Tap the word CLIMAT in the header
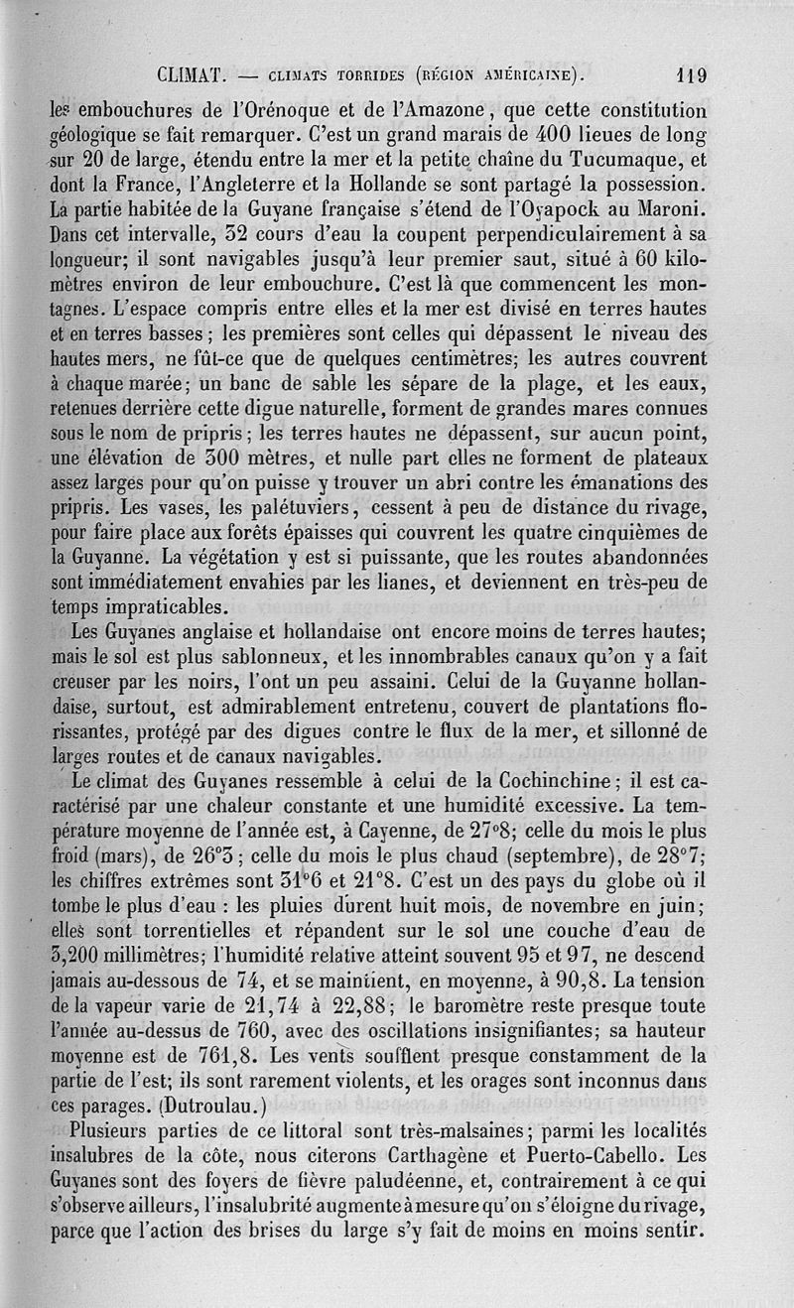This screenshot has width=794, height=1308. (194, 73)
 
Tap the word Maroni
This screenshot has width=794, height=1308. (678, 208)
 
